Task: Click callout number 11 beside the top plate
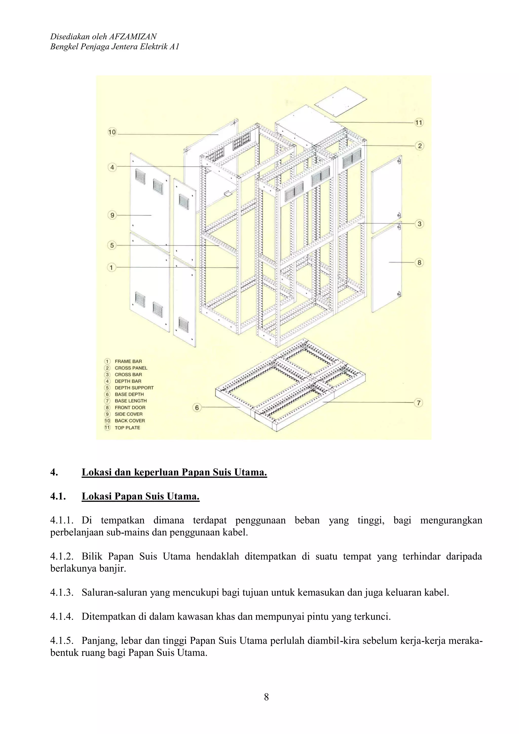click(x=419, y=122)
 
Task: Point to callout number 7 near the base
click(x=419, y=403)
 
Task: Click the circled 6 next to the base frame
click(x=197, y=408)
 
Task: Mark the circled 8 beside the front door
click(x=419, y=262)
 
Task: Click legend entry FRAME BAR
click(x=128, y=361)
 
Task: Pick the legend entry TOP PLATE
click(x=127, y=428)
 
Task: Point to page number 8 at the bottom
click(x=266, y=697)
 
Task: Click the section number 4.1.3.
click(x=62, y=593)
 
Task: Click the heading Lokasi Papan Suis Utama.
click(x=141, y=496)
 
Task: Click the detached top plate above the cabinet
click(x=341, y=102)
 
